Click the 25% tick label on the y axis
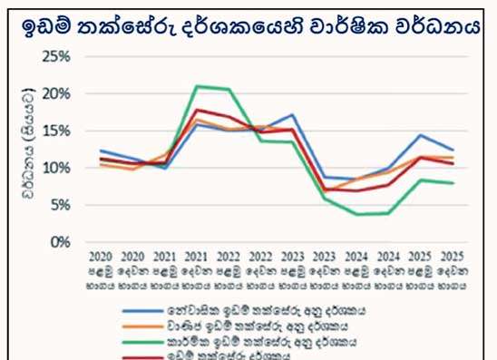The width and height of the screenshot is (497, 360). pos(56,56)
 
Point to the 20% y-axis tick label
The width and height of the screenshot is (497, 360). pos(56,93)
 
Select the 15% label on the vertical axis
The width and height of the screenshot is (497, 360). pos(56,131)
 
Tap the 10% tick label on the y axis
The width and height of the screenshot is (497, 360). pos(56,168)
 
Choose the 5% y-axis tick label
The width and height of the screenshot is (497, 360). pos(60,205)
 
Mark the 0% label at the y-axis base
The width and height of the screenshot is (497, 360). pos(60,242)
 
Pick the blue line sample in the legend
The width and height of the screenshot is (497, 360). pos(143,309)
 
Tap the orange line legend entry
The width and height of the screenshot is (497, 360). pos(143,324)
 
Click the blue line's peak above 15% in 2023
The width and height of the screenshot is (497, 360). pos(291,115)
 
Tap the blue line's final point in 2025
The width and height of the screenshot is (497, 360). pos(452,150)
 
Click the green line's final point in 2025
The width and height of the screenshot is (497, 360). pos(452,183)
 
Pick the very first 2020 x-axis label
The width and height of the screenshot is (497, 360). pos(101,257)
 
